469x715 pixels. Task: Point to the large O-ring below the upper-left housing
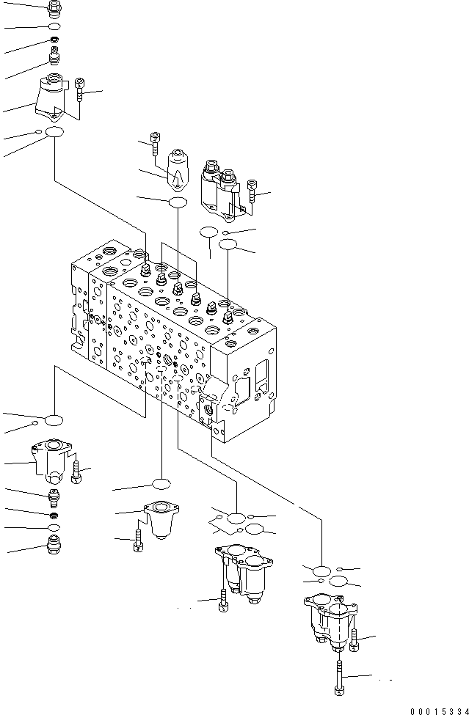coord(54,133)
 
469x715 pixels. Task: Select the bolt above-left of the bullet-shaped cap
coord(155,142)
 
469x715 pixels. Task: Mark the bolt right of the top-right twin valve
coord(252,192)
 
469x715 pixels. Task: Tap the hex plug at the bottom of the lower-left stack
coord(54,545)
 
